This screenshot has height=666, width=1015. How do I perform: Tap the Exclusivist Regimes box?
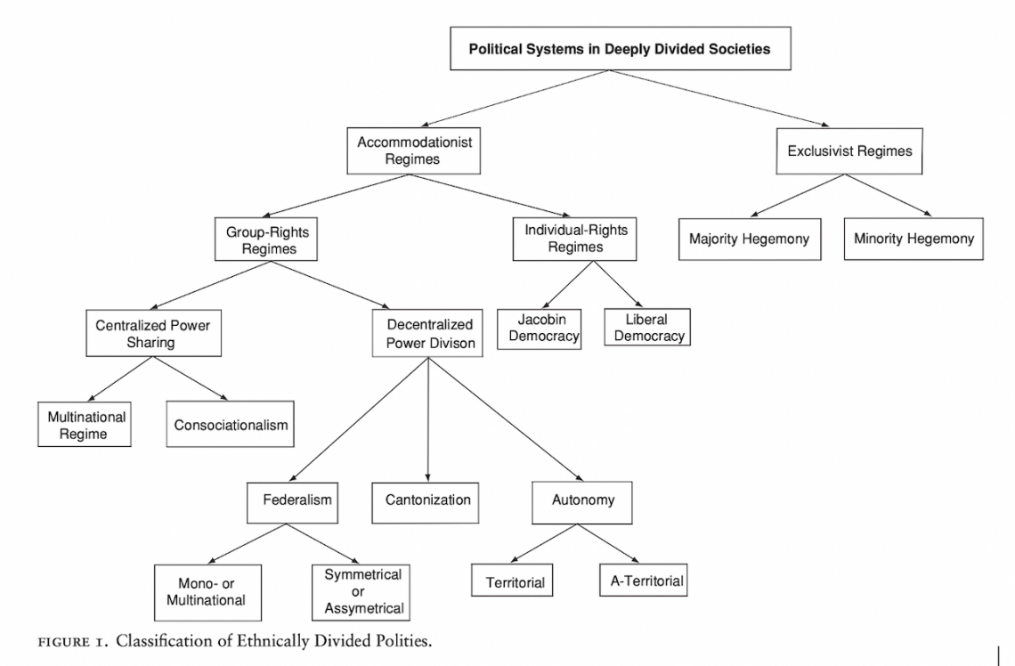(849, 151)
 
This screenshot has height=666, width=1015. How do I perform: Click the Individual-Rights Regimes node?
(575, 238)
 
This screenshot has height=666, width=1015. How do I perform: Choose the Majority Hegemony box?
(749, 239)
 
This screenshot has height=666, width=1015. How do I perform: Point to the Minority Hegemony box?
(913, 239)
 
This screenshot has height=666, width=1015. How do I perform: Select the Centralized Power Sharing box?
(153, 333)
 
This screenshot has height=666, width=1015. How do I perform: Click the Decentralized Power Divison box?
(429, 332)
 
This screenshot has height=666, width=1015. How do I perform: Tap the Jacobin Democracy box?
(539, 328)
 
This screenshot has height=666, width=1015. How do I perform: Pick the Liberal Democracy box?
(646, 327)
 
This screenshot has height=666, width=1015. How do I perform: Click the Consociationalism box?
(231, 426)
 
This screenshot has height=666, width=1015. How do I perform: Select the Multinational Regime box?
(86, 425)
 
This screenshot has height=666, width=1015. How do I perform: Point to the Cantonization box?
(427, 500)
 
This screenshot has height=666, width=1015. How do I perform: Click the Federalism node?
(296, 500)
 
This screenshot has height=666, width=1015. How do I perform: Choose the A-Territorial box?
(642, 581)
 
